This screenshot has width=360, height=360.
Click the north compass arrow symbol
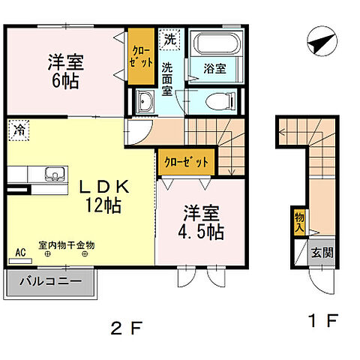pos(322,43)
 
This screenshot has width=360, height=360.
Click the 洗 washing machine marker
pos(169,38)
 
